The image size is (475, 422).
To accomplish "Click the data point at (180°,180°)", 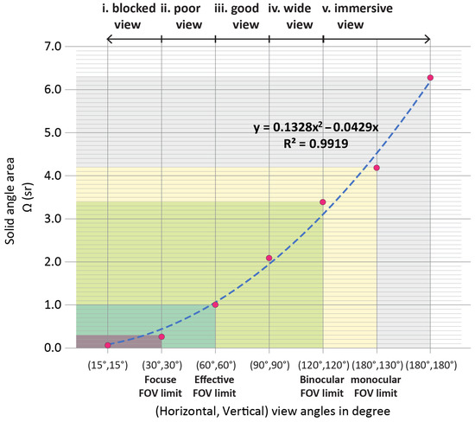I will coord(430,78).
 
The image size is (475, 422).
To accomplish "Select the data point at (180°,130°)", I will coord(377,168).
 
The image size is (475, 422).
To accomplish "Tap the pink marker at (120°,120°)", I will coord(323,202).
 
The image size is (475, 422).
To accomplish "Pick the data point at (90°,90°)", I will coord(269,258).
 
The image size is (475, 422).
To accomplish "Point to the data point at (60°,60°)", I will coord(215,304).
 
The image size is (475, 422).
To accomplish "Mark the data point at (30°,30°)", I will coord(161,336).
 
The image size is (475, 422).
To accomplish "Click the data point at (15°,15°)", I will coord(108,345).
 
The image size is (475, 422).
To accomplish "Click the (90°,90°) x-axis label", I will coord(269,366).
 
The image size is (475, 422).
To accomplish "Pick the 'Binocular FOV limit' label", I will coord(323,386).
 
